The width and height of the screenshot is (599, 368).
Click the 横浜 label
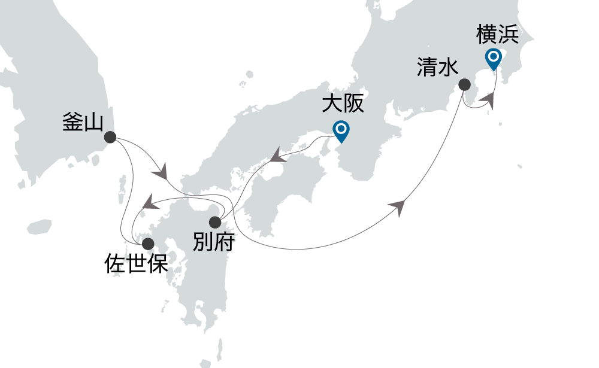point(497,35)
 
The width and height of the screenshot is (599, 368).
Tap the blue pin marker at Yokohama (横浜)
point(494,59)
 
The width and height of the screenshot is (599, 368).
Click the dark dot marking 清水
point(464,85)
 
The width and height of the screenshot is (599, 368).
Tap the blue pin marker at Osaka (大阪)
point(341,130)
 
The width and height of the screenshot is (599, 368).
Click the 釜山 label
point(83,121)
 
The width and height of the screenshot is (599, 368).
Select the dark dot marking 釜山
point(110,137)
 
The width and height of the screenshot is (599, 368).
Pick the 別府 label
point(214,242)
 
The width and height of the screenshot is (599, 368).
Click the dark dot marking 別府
point(214,223)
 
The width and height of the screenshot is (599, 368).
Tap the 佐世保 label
point(136,263)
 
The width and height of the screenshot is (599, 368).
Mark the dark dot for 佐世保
point(147,244)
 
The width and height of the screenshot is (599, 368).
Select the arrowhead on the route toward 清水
point(397,206)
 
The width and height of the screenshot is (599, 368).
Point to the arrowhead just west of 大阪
point(277,157)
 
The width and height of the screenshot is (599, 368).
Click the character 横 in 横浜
point(486,35)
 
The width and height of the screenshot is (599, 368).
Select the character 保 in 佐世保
point(157,263)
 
